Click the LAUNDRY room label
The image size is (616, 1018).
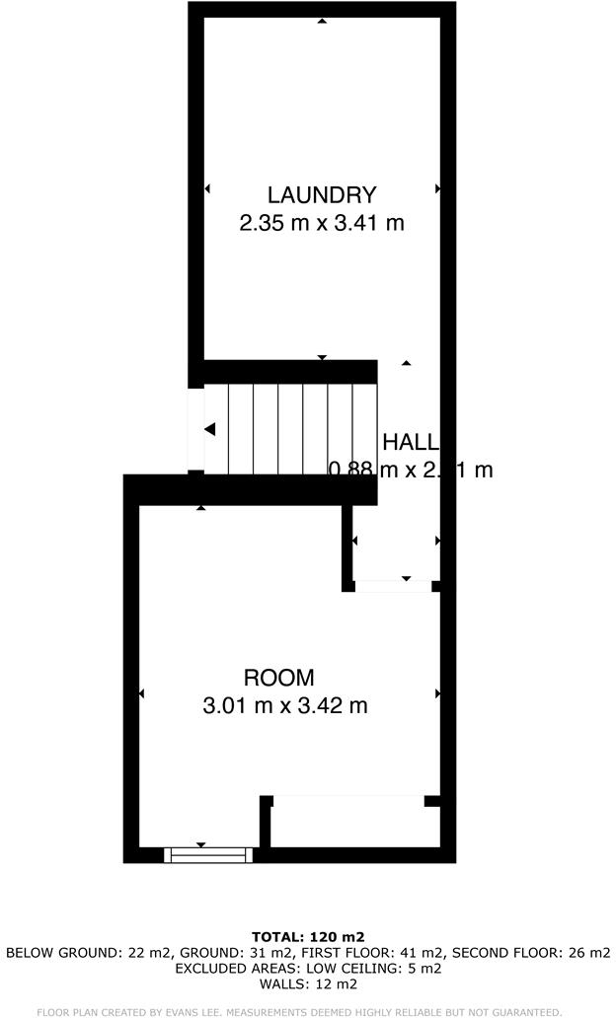click(x=322, y=195)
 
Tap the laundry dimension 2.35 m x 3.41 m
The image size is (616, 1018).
click(x=322, y=223)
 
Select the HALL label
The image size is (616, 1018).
click(x=410, y=442)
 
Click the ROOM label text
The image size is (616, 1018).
click(x=279, y=678)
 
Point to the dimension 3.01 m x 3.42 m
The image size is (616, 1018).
click(x=284, y=706)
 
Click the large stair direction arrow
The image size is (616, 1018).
click(x=209, y=429)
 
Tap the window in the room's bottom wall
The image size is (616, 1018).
click(x=208, y=854)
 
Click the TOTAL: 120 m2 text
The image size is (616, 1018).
click(x=308, y=937)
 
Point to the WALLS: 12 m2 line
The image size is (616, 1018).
click(x=308, y=984)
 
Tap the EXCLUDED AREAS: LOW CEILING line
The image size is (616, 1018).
click(x=308, y=969)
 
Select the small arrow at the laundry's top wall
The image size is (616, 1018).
click(x=322, y=21)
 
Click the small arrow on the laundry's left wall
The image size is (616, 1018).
click(x=207, y=188)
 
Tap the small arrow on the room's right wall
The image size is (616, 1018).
click(x=437, y=694)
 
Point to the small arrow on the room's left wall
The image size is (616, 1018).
click(x=142, y=694)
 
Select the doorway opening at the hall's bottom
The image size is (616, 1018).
click(x=393, y=586)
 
